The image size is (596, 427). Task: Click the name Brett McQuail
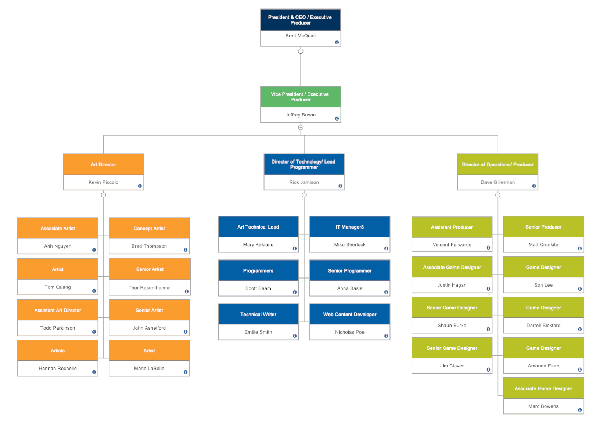coord(300,36)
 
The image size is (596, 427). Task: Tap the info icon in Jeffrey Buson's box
coord(337,119)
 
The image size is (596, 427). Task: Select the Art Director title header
coord(103,164)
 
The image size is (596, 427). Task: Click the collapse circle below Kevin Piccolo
coord(104,195)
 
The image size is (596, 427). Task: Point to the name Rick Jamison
coord(304,182)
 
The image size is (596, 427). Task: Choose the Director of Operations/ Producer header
coord(497,164)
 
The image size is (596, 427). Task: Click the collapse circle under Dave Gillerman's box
coord(498,195)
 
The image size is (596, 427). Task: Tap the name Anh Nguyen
coord(58,246)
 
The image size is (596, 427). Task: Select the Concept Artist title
coord(149,228)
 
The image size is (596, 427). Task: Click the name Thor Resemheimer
coord(150,288)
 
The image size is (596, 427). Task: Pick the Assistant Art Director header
coord(58,310)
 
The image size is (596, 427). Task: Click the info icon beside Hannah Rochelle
coord(94,372)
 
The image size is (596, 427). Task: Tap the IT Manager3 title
coord(349,227)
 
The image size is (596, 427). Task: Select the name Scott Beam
coord(258,288)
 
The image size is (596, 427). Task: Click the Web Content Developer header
coord(349,314)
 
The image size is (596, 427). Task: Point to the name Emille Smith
coord(258,332)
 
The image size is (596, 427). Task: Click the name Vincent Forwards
coord(452,245)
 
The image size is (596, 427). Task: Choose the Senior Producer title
coord(543,227)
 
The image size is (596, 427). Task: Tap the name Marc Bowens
coord(543,406)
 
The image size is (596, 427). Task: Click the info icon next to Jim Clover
coord(488,370)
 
